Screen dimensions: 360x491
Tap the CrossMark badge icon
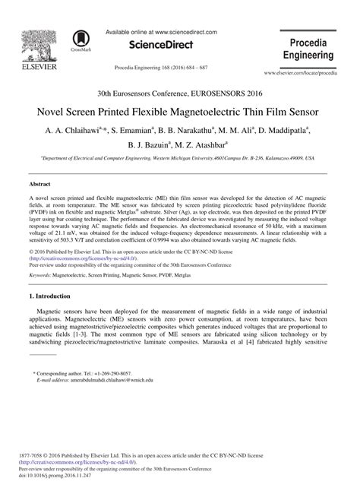tap(80, 40)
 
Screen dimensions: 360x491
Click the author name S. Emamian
tap(168, 130)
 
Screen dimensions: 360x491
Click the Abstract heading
tap(39, 185)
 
